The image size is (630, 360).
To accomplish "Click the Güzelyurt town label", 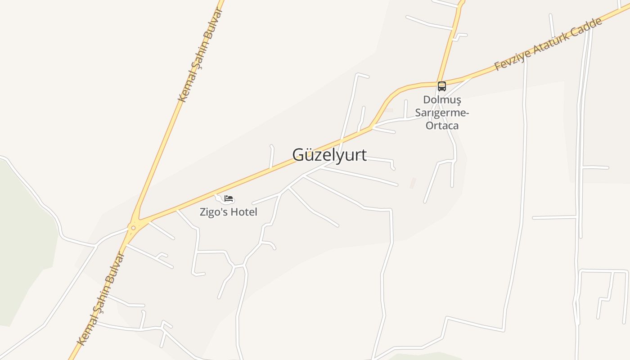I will pyautogui.click(x=329, y=155).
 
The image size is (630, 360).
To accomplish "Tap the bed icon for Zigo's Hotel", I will pyautogui.click(x=229, y=198).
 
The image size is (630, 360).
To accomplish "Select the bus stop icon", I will pyautogui.click(x=442, y=86).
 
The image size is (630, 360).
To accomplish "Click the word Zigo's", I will pyautogui.click(x=213, y=212).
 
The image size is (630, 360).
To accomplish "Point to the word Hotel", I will pyautogui.click(x=243, y=212).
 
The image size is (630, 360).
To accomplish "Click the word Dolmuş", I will pyautogui.click(x=442, y=99).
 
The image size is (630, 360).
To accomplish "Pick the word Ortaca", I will pyautogui.click(x=442, y=126).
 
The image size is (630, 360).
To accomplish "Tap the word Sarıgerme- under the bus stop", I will pyautogui.click(x=442, y=112).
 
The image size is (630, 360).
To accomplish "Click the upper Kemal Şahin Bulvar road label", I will pyautogui.click(x=200, y=55).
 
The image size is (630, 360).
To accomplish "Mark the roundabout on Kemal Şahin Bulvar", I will pyautogui.click(x=133, y=228).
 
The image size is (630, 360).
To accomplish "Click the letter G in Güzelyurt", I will pyautogui.click(x=298, y=155).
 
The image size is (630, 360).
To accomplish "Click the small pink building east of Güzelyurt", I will pyautogui.click(x=413, y=183).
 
